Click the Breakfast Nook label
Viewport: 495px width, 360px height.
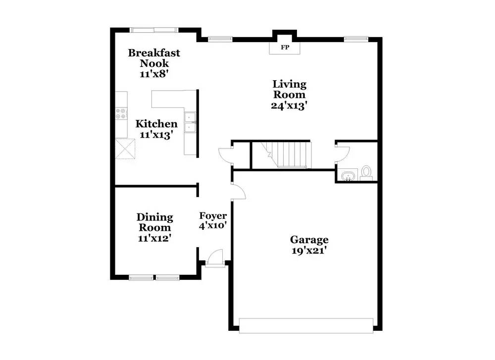pyautogui.click(x=154, y=58)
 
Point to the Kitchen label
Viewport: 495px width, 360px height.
pyautogui.click(x=156, y=124)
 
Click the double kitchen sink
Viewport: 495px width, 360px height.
pyautogui.click(x=190, y=123)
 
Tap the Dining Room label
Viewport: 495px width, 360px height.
pyautogui.click(x=154, y=222)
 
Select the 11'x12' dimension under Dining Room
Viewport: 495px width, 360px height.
pyautogui.click(x=154, y=238)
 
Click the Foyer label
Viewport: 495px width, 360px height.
pyautogui.click(x=213, y=216)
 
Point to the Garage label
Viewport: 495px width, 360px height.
pyautogui.click(x=309, y=240)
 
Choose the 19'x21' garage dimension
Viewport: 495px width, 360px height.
pyautogui.click(x=309, y=251)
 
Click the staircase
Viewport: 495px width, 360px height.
pyautogui.click(x=287, y=154)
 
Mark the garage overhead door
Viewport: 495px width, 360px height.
pyautogui.click(x=305, y=324)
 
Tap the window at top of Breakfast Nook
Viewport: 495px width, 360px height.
pyautogui.click(x=154, y=30)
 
